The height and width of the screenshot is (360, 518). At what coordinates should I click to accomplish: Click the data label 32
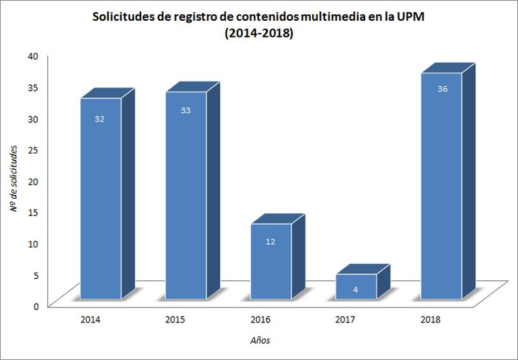pyautogui.click(x=100, y=119)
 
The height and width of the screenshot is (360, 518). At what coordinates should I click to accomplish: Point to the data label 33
pyautogui.click(x=186, y=111)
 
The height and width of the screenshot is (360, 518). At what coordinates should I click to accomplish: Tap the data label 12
pyautogui.click(x=271, y=242)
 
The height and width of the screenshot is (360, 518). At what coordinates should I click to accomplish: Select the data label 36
pyautogui.click(x=442, y=89)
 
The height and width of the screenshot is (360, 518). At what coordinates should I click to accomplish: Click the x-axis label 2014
pyautogui.click(x=90, y=319)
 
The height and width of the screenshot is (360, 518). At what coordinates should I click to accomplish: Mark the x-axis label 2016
pyautogui.click(x=261, y=319)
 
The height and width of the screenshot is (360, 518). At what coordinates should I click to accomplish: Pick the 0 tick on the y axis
pyautogui.click(x=37, y=306)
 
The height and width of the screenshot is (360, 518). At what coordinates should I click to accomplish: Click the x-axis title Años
pyautogui.click(x=260, y=340)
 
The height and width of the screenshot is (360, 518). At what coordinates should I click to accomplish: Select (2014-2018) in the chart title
pyautogui.click(x=259, y=34)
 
